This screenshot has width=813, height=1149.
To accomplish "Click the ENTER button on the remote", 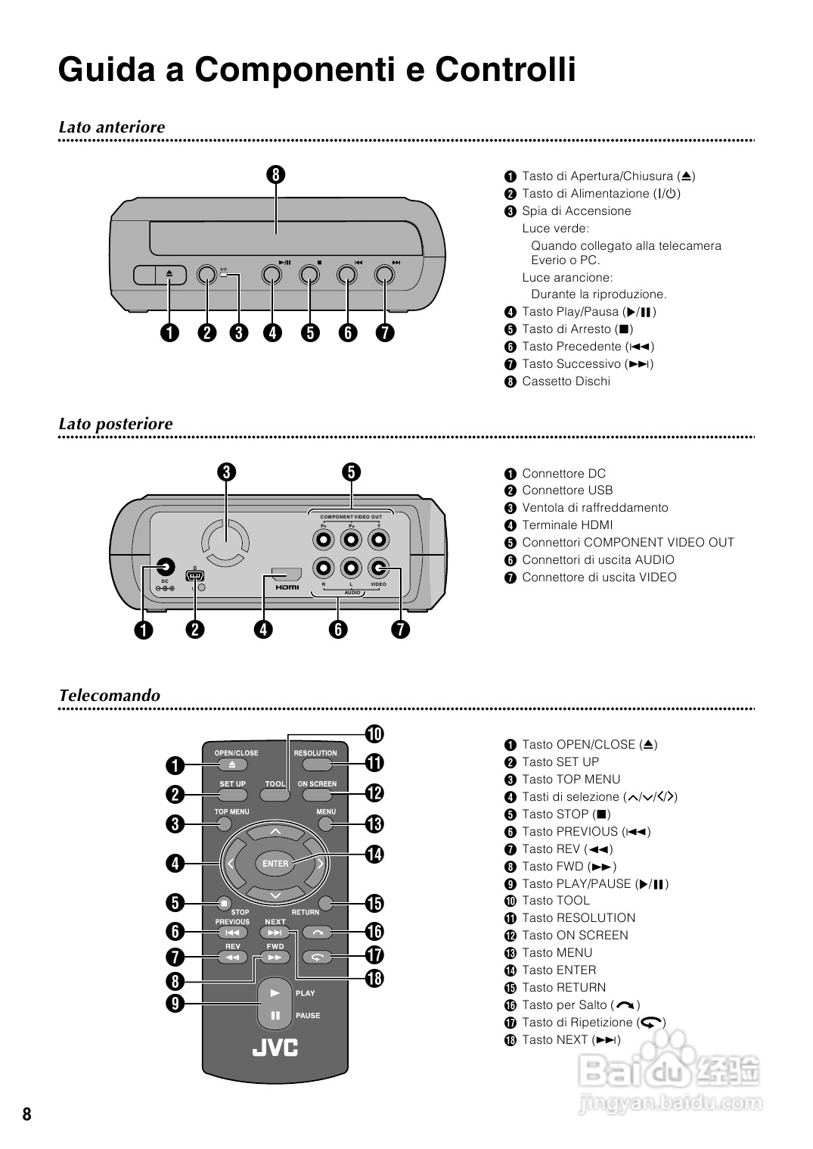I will (275, 864).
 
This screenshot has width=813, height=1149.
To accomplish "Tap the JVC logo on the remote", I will (275, 1047).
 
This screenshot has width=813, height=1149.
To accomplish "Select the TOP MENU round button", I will (222, 824).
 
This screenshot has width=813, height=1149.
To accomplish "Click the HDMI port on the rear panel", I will (287, 576).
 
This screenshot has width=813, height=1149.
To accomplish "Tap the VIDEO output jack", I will (378, 568).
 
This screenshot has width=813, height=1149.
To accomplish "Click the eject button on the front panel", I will (169, 275).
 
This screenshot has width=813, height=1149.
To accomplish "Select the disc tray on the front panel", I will (286, 237).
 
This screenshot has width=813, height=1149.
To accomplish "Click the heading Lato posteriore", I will (116, 424).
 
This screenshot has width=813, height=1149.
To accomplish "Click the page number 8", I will (27, 1114).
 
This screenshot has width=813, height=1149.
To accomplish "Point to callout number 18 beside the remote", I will (374, 978).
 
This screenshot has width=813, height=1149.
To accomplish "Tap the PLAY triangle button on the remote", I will (275, 992).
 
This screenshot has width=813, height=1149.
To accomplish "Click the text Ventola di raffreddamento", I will (594, 508).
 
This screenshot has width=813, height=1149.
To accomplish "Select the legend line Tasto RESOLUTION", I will (578, 918).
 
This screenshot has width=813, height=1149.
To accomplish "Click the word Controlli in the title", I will (505, 70).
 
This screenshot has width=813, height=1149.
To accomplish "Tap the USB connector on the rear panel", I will (194, 575).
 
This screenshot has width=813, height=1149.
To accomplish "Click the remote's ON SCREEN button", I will (317, 796).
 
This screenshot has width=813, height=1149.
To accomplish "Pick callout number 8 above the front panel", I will (275, 175).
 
